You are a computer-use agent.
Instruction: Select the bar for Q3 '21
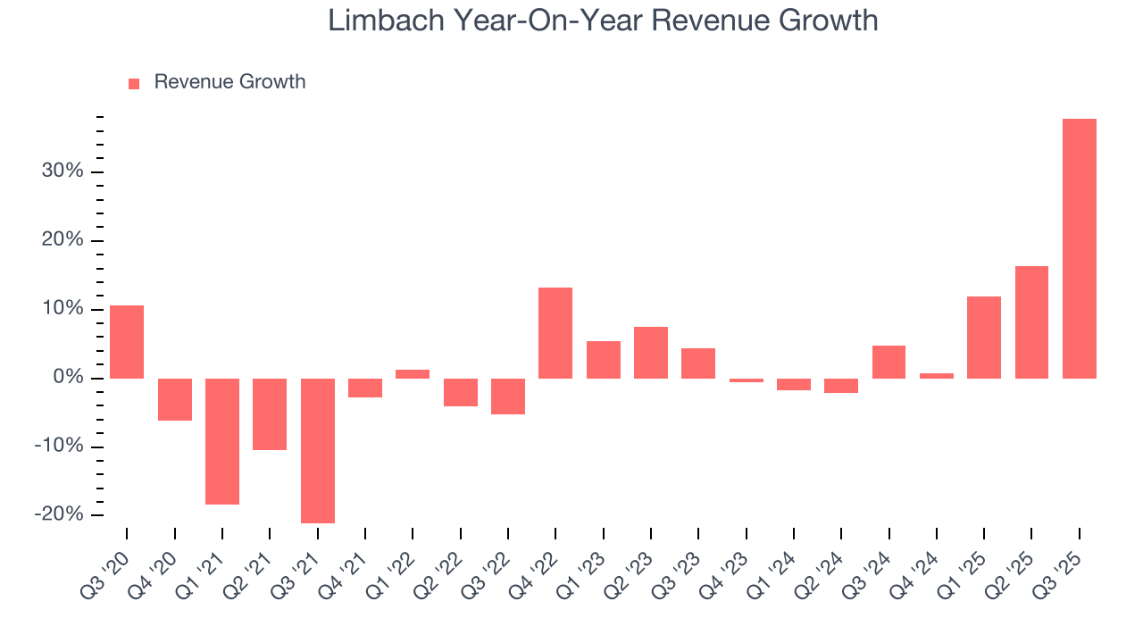(317, 450)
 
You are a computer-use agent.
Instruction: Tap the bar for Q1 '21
(222, 441)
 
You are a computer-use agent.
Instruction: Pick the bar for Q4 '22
(555, 332)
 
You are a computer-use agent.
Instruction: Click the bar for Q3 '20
(127, 342)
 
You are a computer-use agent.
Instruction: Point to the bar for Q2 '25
(1031, 321)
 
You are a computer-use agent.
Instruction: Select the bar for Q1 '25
(984, 337)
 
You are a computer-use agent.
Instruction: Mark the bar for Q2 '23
(651, 352)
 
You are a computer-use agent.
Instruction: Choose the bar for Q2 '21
(270, 413)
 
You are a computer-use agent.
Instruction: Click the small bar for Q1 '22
(413, 373)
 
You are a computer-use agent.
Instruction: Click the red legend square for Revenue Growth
(134, 83)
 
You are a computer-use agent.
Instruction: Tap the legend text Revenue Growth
(229, 82)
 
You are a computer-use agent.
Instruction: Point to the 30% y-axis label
(63, 171)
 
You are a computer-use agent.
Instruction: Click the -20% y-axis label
(59, 514)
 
